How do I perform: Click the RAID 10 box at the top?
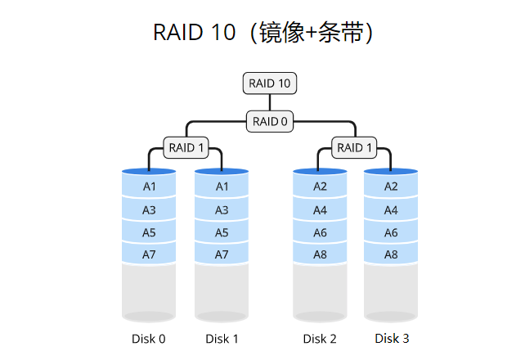270,83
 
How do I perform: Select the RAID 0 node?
270,121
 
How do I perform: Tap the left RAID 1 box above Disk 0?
186,148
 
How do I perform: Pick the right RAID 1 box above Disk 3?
354,148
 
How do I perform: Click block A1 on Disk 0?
149,187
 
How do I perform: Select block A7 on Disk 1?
222,254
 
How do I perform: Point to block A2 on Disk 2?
320,187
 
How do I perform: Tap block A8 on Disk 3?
391,254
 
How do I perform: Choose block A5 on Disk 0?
149,232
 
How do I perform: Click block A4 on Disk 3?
391,210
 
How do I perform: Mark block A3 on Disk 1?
222,210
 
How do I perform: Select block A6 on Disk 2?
320,232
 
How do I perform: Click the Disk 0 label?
149,339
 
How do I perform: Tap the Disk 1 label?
222,339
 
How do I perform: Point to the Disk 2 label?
320,339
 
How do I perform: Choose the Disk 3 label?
392,338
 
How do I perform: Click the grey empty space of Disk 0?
149,290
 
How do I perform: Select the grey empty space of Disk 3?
391,290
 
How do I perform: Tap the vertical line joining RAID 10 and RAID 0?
270,102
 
